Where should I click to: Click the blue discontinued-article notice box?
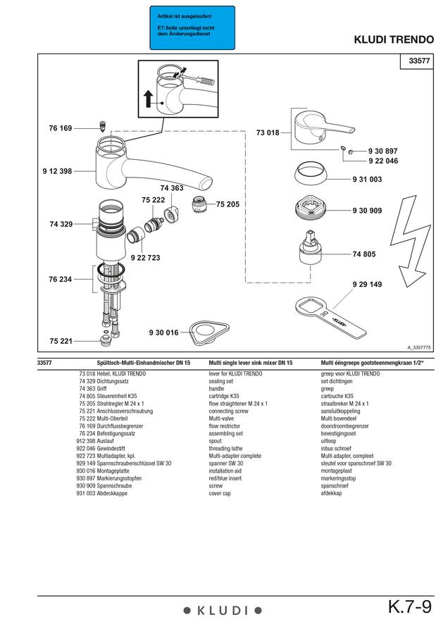[x=192, y=27]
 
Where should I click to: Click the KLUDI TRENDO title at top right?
[x=394, y=39]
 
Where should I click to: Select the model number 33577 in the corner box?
[x=419, y=61]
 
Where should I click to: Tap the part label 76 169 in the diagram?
[x=61, y=128]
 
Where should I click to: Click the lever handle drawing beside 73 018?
[x=321, y=129]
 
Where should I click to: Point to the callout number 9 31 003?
[x=367, y=179]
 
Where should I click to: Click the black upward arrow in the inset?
[x=149, y=99]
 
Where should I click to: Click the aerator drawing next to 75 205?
[x=199, y=204]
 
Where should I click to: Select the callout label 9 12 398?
[x=57, y=171]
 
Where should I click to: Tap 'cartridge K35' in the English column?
[x=223, y=396]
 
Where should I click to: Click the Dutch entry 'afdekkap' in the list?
[x=331, y=493]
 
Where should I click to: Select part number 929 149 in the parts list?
[x=86, y=464]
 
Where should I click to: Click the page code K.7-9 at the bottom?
[x=410, y=607]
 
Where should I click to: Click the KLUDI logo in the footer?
[x=223, y=611]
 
